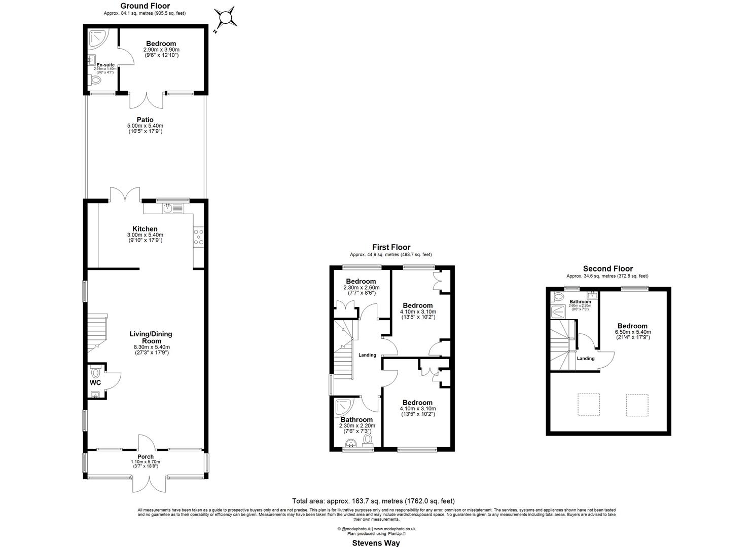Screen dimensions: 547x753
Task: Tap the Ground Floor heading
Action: (x=145, y=6)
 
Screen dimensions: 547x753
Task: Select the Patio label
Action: (x=145, y=120)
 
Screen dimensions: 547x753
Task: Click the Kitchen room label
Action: (x=145, y=229)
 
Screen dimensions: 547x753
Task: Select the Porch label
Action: (x=145, y=456)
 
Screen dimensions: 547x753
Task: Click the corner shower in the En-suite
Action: (x=96, y=37)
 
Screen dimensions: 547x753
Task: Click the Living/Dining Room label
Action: (x=151, y=337)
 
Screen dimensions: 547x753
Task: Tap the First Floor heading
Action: (x=391, y=247)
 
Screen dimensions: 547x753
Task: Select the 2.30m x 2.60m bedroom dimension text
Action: (x=361, y=288)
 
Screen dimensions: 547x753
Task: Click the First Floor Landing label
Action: (x=367, y=355)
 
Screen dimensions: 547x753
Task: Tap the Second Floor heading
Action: (x=607, y=269)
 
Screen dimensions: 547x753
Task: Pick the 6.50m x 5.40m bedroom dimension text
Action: (x=632, y=332)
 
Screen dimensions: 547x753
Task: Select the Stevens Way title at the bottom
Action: (x=376, y=543)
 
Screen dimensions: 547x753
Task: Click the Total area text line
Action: (x=376, y=501)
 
